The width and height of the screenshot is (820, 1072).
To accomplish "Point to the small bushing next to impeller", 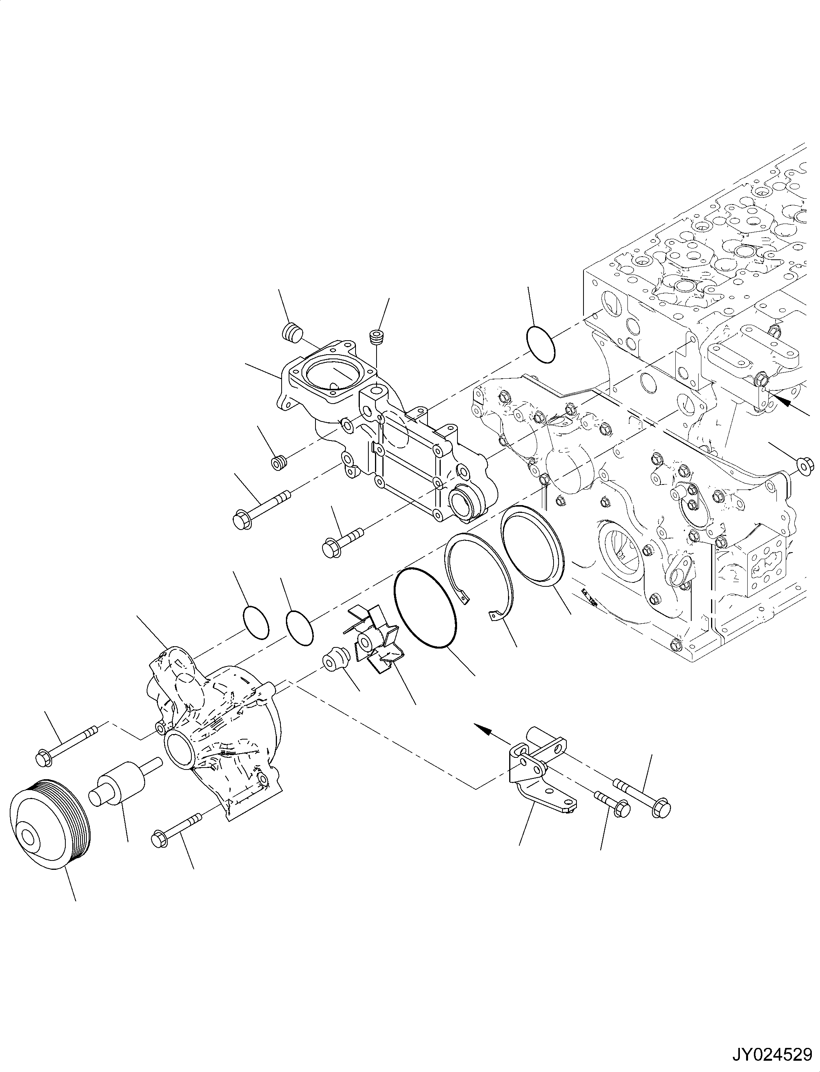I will [336, 662].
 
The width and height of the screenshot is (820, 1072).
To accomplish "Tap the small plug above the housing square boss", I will [375, 338].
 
